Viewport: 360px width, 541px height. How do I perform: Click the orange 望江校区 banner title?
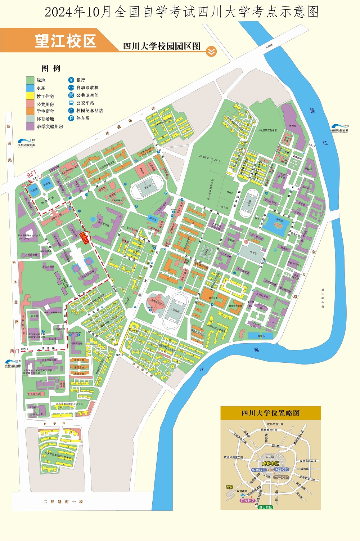coord(66,41)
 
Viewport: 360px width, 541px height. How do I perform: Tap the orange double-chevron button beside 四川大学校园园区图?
coord(211,52)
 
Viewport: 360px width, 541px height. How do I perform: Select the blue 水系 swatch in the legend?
coord(30,88)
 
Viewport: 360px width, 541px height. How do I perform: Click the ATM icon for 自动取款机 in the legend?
coord(71,88)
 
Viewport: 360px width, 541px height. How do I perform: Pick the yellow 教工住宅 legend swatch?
coord(30,96)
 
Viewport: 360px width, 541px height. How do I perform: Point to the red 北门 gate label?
coord(31,175)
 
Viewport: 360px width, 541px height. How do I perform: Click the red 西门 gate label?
coord(14,351)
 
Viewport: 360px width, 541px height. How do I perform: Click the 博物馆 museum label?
coord(292,126)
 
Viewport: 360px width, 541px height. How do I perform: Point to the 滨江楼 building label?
coord(308,169)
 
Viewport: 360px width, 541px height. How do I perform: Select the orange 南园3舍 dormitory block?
coord(79,360)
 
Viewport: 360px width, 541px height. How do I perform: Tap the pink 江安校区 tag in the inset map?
coord(248,501)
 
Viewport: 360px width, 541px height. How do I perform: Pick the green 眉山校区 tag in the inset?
coord(265,507)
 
